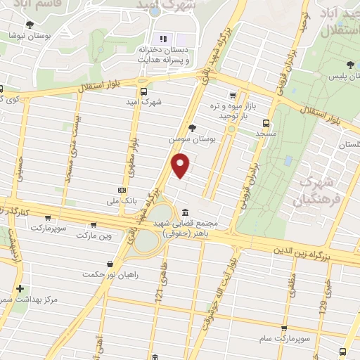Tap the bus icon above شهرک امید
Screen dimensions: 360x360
click(144, 91)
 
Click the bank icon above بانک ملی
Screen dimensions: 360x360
click(122, 190)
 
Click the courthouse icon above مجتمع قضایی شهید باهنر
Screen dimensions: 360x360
click(185, 212)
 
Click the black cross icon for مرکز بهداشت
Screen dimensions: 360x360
click(20, 288)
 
